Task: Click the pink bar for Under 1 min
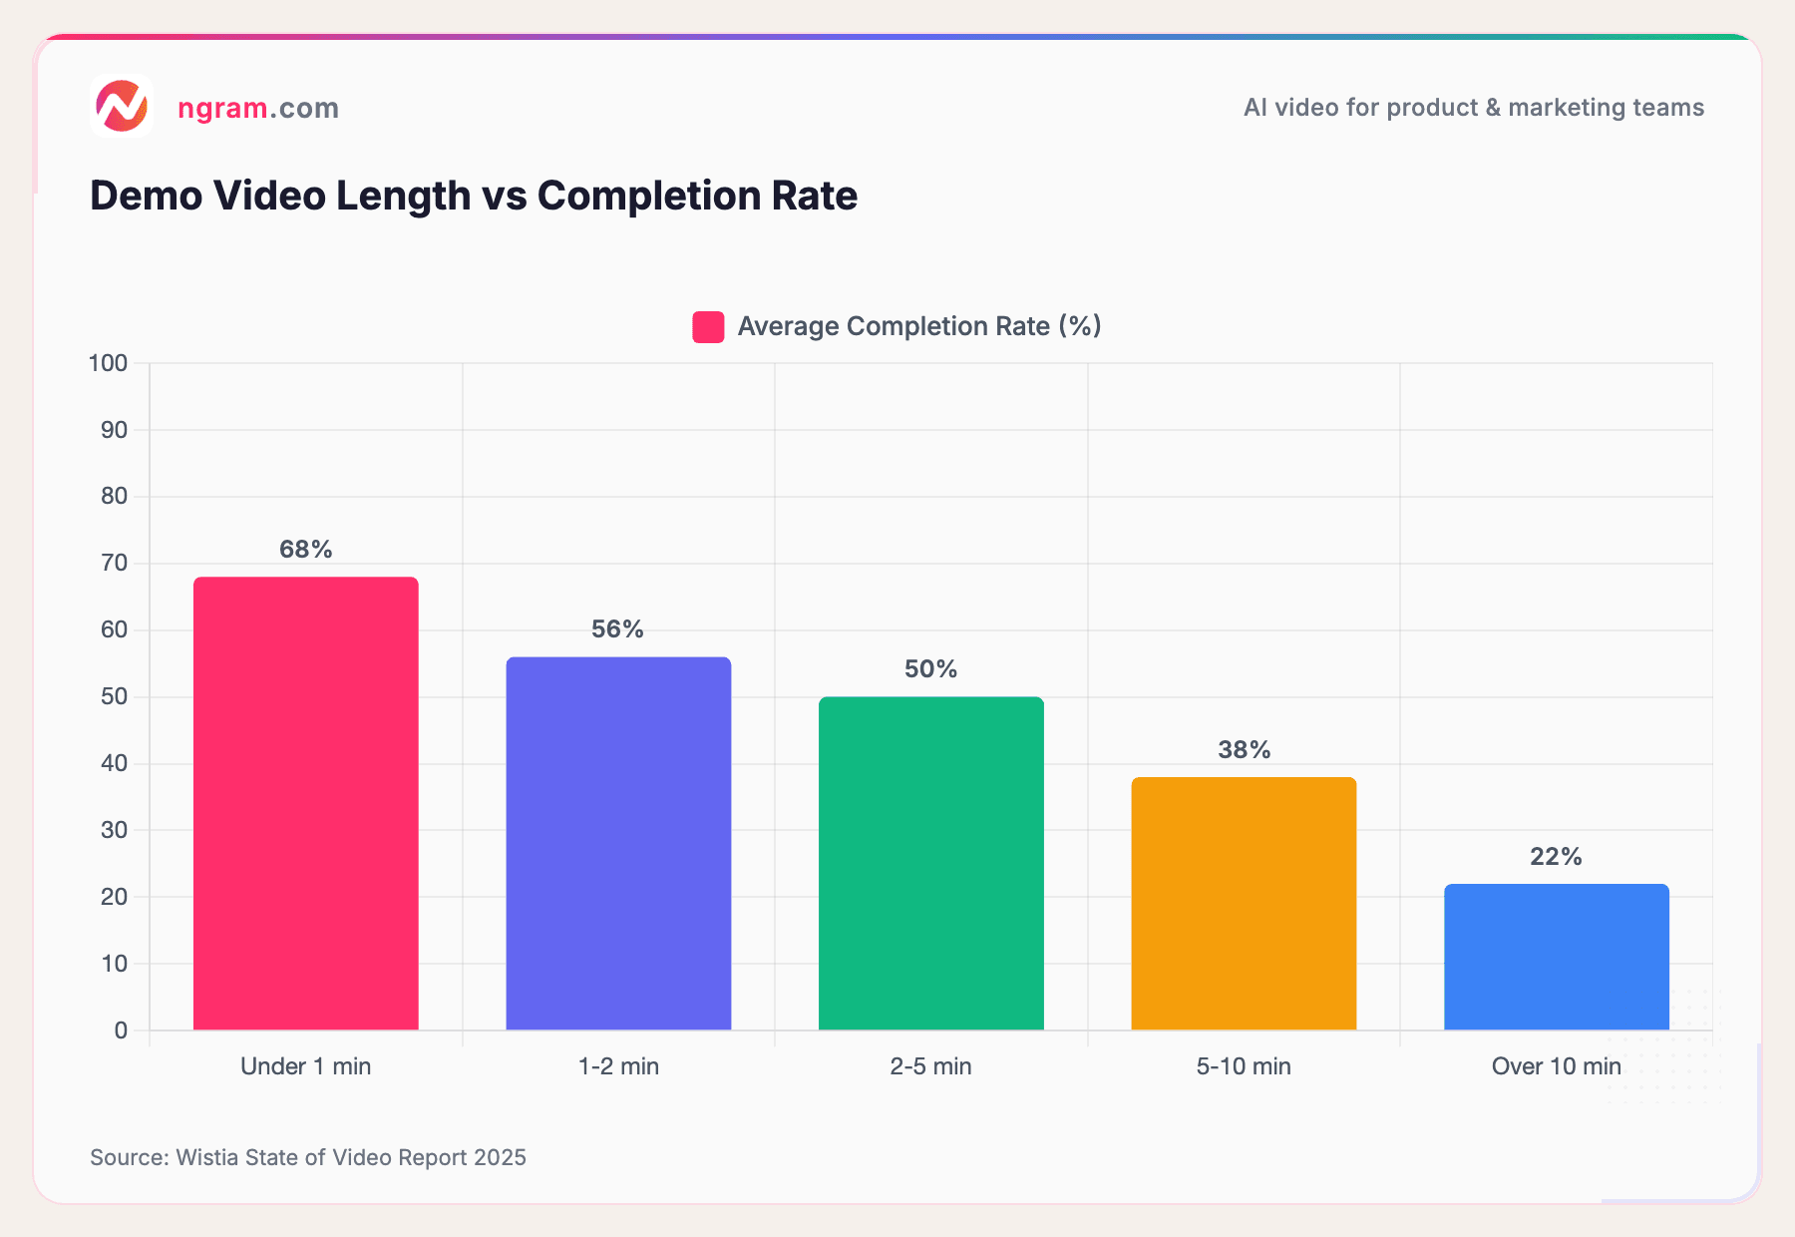(305, 803)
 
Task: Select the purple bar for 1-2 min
(618, 843)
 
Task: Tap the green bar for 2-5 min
(930, 863)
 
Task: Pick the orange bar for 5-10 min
(1244, 903)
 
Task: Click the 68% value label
(305, 550)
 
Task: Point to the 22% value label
(1556, 857)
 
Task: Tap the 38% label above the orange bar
(1244, 750)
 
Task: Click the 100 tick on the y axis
(109, 363)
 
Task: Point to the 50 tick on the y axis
(114, 696)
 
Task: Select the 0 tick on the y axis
(121, 1031)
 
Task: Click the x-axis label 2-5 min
(930, 1066)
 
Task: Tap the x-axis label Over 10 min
(1556, 1066)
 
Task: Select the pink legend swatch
(708, 327)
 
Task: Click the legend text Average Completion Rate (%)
(918, 326)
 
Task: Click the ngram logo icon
(122, 106)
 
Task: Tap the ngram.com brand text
(258, 108)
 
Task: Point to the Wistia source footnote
(308, 1157)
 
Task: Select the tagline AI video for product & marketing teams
(1473, 108)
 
